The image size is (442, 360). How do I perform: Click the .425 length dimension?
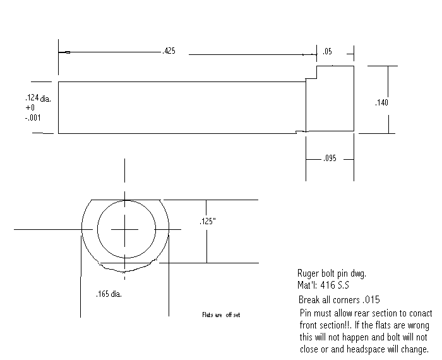[x=169, y=52]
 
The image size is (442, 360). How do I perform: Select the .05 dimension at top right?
[x=327, y=52]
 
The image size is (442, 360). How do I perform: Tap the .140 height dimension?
[x=382, y=102]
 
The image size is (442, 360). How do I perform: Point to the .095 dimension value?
[x=329, y=159]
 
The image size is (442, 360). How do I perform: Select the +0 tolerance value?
[x=30, y=108]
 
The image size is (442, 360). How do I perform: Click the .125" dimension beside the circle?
[x=208, y=222]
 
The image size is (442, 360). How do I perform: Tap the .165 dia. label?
[x=110, y=294]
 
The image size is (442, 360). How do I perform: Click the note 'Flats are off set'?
[x=221, y=315]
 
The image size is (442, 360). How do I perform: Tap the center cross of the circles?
[x=126, y=229]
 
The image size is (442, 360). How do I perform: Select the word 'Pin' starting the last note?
[x=306, y=313]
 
